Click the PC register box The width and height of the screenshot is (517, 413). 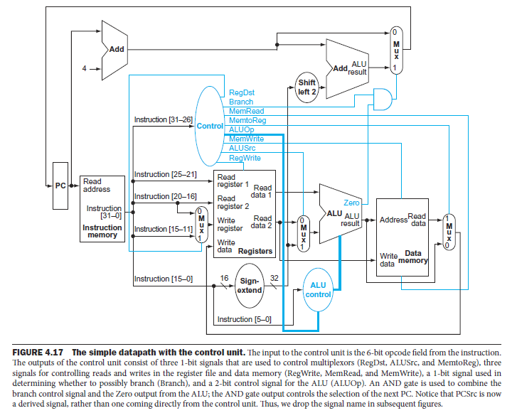[x=60, y=186]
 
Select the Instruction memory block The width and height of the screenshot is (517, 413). [x=102, y=209]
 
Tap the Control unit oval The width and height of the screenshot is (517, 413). [x=210, y=125]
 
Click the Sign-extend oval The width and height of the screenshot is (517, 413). [x=249, y=285]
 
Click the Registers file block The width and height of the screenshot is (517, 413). [x=244, y=214]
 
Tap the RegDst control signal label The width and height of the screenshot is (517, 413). [x=242, y=92]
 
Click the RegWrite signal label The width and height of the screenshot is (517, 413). [x=245, y=158]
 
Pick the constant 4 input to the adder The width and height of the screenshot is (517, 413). [x=84, y=69]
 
